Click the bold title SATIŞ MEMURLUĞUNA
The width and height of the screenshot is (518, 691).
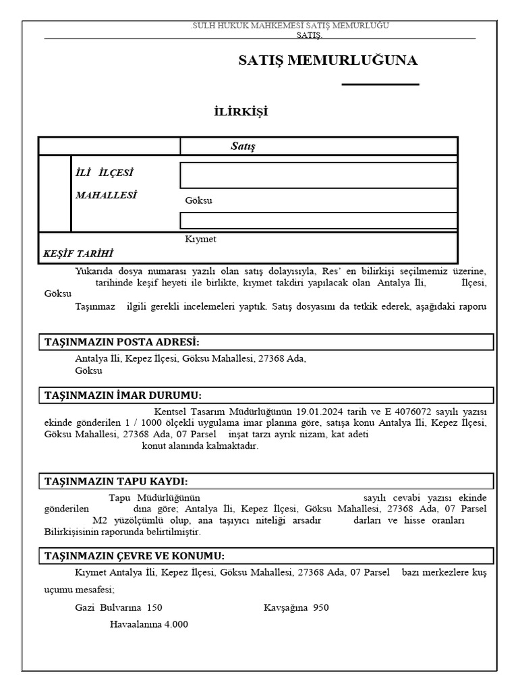point(328,61)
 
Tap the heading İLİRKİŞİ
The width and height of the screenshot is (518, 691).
point(240,111)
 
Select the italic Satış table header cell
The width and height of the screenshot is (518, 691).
point(243,146)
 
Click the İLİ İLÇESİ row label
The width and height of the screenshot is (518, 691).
point(109,173)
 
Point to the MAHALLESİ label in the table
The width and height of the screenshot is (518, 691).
point(106,195)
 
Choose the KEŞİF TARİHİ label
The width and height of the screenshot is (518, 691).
point(78,254)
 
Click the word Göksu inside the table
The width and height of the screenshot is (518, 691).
point(198,200)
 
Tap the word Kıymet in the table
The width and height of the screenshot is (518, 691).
point(200,239)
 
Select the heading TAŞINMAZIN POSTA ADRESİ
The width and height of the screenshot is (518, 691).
point(122,342)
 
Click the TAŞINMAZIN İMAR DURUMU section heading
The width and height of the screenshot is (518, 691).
point(123,395)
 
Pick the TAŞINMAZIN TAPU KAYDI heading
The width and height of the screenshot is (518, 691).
point(116,481)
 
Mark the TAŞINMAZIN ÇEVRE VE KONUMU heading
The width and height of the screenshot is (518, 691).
point(134,556)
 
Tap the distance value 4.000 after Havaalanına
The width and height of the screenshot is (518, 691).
point(176,624)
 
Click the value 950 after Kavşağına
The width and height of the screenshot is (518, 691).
point(321,607)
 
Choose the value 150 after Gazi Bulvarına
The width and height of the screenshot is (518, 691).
point(155,607)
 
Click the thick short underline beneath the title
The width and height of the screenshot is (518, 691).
point(380,84)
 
